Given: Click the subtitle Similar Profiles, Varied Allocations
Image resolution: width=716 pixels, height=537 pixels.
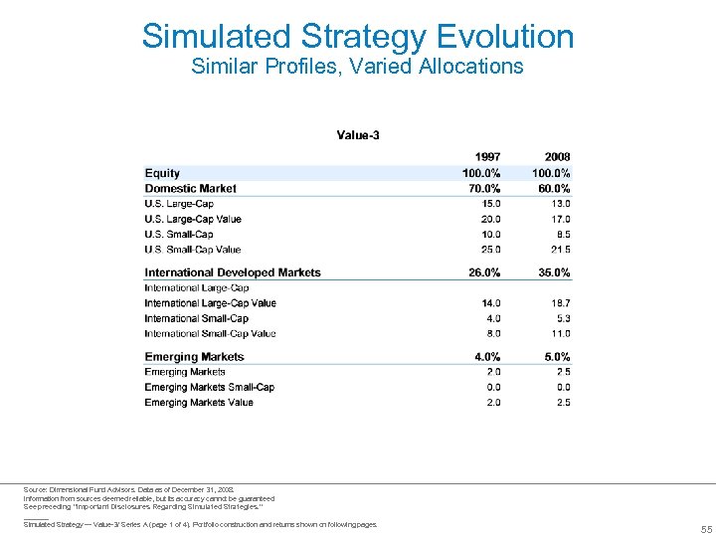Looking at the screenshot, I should pos(357,67).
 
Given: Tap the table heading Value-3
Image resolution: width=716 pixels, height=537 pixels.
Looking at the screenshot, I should pos(358,135).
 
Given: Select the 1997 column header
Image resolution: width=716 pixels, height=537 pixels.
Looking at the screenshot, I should pos(487,157).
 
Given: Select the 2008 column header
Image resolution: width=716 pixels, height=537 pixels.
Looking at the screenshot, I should pos(557,157).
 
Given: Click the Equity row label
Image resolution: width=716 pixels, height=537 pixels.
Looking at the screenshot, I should pos(162,173).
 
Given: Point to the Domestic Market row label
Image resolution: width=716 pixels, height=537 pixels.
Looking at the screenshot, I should pos(191,188).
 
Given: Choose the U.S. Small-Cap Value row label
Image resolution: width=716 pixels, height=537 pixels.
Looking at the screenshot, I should pos(193,250).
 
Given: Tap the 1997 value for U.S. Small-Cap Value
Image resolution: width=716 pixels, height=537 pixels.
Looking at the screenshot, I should pos(488,250).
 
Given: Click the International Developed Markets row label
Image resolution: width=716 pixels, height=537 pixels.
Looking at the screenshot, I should pos(233,272).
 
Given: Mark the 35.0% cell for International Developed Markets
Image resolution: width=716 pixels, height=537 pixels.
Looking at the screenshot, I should pos(552,272).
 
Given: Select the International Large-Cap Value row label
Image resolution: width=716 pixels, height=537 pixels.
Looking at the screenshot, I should pos(210,303).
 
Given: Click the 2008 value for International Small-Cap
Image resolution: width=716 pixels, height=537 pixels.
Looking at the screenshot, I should pos(561,318).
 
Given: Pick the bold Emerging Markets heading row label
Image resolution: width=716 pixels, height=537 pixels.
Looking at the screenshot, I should pos(194,357).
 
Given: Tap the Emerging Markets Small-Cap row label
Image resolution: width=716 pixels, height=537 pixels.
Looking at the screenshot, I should pos(209,387).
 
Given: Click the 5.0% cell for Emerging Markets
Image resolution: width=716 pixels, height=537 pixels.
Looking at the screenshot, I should pos(555,357).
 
